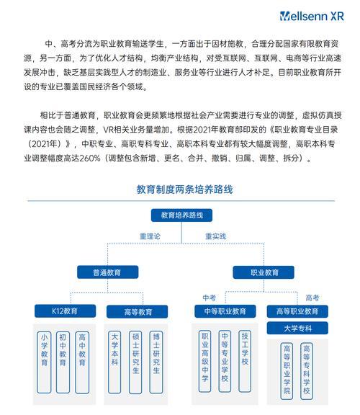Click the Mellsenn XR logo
pyautogui.click(x=312, y=16)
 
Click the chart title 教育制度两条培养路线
pyautogui.click(x=184, y=189)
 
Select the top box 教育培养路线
pyautogui.click(x=181, y=215)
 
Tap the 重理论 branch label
pyautogui.click(x=150, y=236)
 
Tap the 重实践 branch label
pyautogui.click(x=216, y=236)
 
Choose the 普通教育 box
pyautogui.click(x=108, y=272)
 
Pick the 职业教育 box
pyautogui.click(x=264, y=272)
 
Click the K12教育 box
pyautogui.click(x=65, y=311)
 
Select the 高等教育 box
pyautogui.click(x=138, y=311)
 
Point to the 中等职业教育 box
pyautogui.click(x=225, y=311)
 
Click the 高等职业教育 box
pyautogui.click(x=297, y=311)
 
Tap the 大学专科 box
pyautogui.click(x=297, y=329)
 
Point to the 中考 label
pyautogui.click(x=210, y=298)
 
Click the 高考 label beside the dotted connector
pyautogui.click(x=312, y=298)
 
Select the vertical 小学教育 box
pyautogui.click(x=44, y=362)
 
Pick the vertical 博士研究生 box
pyautogui.click(x=156, y=362)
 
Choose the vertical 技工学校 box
pyautogui.click(x=245, y=361)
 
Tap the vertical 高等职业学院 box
pyautogui.click(x=287, y=371)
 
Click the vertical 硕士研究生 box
pyautogui.click(x=135, y=362)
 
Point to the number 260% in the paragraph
pyautogui.click(x=90, y=159)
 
